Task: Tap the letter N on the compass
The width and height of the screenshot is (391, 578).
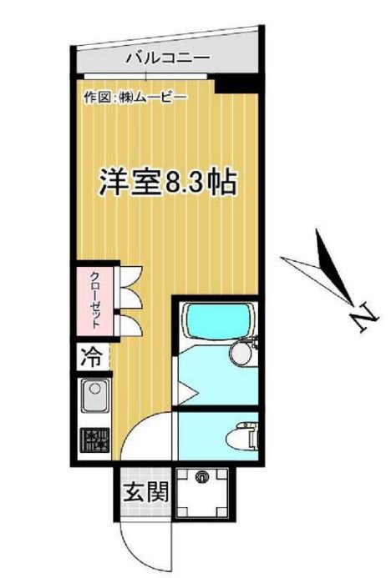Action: point(363,318)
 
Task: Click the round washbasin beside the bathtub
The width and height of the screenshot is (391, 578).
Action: point(241,354)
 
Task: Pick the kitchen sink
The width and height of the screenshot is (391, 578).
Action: point(94,394)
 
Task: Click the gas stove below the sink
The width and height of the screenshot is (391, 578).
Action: point(94,440)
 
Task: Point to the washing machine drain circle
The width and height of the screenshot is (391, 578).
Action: point(201,478)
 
